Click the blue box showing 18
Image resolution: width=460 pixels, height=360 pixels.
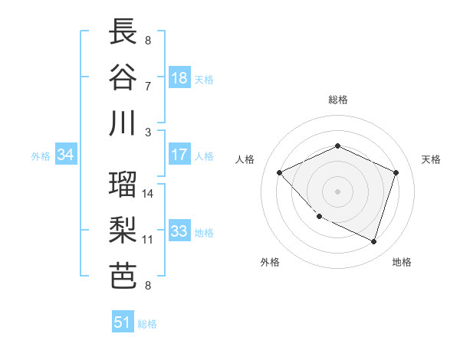click(x=179, y=77)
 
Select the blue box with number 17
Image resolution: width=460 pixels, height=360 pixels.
click(x=179, y=155)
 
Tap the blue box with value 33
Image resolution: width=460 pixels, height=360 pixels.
click(x=179, y=231)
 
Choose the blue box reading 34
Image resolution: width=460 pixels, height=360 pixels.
click(x=66, y=155)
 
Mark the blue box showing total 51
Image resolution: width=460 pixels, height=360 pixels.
click(x=123, y=322)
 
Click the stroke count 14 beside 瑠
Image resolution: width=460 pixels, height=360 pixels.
click(x=149, y=194)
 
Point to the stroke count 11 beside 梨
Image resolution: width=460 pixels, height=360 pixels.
click(x=149, y=239)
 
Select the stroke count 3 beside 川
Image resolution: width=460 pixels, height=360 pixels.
click(x=149, y=132)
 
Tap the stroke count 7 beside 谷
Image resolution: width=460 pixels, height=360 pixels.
click(x=149, y=85)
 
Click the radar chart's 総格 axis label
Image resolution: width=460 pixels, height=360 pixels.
click(x=337, y=100)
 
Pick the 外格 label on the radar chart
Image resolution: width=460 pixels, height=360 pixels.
click(x=270, y=262)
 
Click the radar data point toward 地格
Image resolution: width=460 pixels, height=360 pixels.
click(x=374, y=241)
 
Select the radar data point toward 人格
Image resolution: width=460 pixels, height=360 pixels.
click(x=280, y=172)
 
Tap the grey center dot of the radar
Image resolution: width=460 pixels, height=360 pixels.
click(x=337, y=191)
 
